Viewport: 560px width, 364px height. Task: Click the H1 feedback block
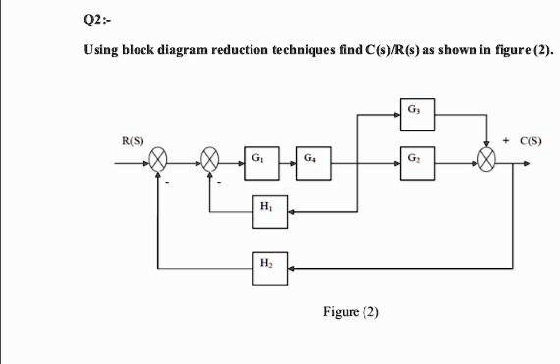pyautogui.click(x=263, y=209)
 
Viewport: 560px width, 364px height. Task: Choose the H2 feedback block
pyautogui.click(x=263, y=265)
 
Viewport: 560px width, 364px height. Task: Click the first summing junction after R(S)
pyautogui.click(x=160, y=160)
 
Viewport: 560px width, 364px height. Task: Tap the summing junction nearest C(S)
pyautogui.click(x=488, y=160)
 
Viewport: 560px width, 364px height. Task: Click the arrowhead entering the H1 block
pyautogui.click(x=291, y=209)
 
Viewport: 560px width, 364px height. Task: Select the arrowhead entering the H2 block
pyautogui.click(x=291, y=265)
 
